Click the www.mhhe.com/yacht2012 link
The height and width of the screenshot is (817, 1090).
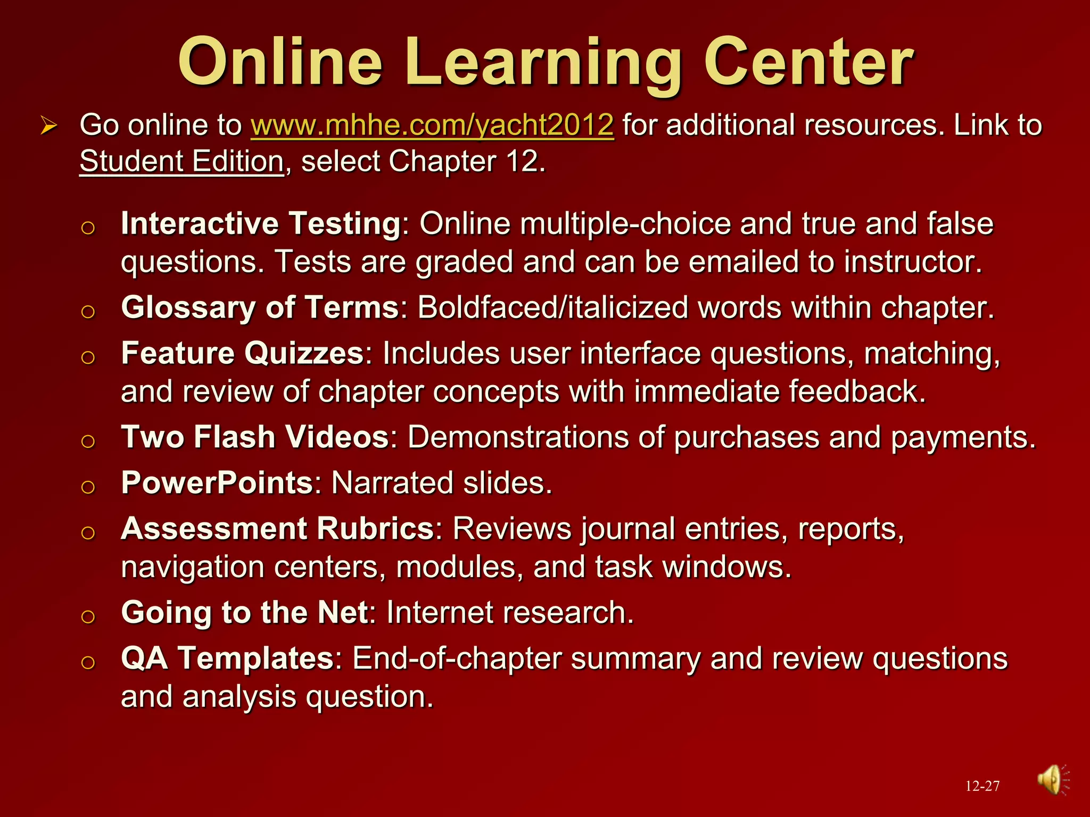coord(432,126)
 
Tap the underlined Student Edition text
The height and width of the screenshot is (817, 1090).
coord(181,161)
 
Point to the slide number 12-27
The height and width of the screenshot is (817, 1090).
coord(982,786)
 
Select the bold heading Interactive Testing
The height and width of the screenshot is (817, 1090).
coord(261,223)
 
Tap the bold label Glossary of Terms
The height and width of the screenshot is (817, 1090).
coord(260,307)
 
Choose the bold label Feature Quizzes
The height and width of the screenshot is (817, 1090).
coord(242,353)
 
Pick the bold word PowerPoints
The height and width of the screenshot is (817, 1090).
coord(217,483)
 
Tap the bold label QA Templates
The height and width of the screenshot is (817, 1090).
coord(227,658)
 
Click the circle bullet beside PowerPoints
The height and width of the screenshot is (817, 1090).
coord(88,487)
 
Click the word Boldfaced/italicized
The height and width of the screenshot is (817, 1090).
coord(552,308)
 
